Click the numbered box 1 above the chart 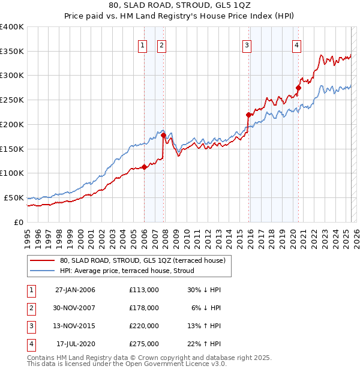(x=143, y=44)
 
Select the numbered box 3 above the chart (x=247, y=44)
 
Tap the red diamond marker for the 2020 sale (x=298, y=88)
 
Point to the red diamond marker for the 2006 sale (x=144, y=167)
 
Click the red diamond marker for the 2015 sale (x=248, y=115)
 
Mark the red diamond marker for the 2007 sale (x=164, y=135)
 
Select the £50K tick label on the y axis (x=14, y=197)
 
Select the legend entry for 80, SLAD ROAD (x=142, y=260)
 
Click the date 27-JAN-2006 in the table (x=75, y=290)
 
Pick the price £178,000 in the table (x=144, y=308)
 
